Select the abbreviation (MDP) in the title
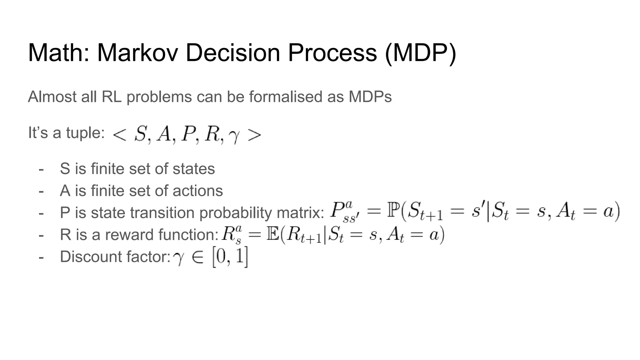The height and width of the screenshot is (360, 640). pyautogui.click(x=420, y=53)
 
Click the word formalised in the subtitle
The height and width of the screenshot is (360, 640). pyautogui.click(x=286, y=97)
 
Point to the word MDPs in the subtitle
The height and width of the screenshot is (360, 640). pyautogui.click(x=370, y=97)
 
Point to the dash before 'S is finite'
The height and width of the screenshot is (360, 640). pyautogui.click(x=41, y=169)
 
